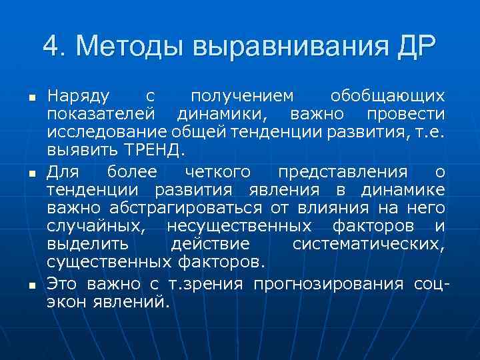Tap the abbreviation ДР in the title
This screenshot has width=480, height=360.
click(414, 46)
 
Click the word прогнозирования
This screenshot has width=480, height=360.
click(328, 285)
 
